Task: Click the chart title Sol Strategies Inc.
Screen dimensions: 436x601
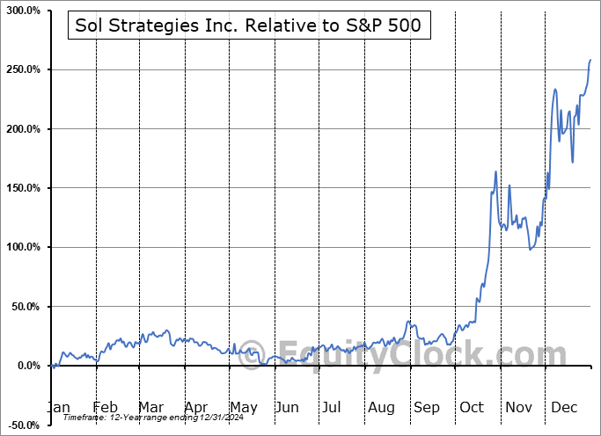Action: point(249,27)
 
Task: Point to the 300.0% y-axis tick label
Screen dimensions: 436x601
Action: point(22,11)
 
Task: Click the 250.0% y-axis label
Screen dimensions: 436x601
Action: point(22,69)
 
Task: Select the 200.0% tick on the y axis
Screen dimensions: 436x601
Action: point(22,129)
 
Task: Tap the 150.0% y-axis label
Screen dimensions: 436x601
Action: point(22,188)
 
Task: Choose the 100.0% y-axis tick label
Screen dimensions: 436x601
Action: point(22,248)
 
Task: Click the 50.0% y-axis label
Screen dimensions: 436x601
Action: point(25,307)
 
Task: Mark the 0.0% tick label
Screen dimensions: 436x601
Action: point(27,366)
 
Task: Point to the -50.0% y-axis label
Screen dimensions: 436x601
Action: point(23,425)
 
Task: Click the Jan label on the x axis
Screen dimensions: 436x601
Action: point(58,408)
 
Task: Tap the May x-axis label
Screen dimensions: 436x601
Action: point(244,408)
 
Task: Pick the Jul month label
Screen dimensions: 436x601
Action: point(332,408)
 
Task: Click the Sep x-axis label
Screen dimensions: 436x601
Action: point(426,408)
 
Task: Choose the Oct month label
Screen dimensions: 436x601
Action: point(473,408)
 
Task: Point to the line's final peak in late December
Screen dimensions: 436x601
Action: point(590,60)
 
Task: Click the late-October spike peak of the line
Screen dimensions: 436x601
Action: point(496,171)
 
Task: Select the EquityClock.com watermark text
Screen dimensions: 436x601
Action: point(405,355)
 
